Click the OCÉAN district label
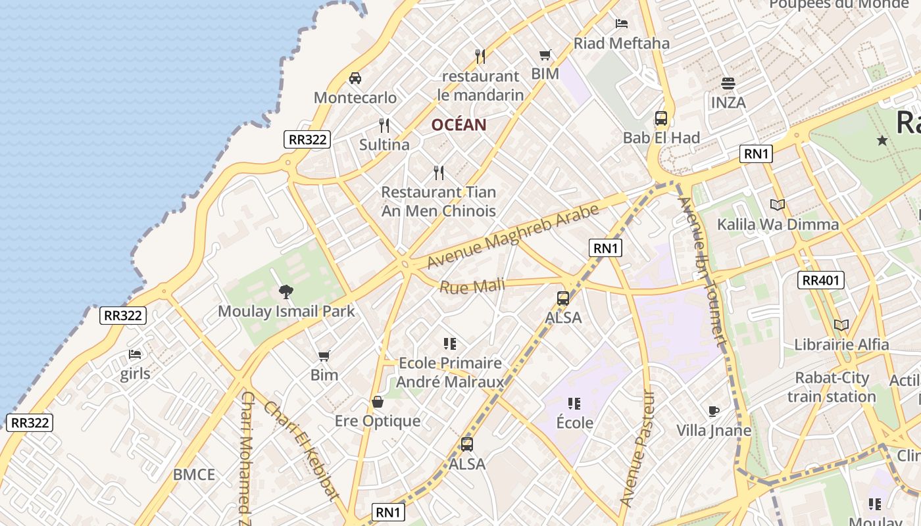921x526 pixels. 459,125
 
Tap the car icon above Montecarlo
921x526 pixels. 355,78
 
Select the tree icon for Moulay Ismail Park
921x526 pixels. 286,291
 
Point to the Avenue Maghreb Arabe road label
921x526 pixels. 513,236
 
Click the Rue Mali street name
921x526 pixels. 472,286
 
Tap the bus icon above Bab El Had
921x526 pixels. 661,118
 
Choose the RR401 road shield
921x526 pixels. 820,281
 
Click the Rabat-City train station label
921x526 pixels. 832,387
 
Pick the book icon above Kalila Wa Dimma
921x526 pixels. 778,205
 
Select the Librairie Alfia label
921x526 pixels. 841,345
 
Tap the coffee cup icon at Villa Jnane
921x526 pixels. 714,412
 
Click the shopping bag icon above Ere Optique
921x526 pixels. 378,402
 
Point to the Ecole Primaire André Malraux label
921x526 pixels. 450,372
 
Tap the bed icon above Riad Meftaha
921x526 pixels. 622,24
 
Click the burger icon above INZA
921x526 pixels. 728,84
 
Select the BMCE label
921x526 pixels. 194,475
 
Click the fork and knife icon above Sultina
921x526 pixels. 384,125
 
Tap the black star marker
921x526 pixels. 882,140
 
